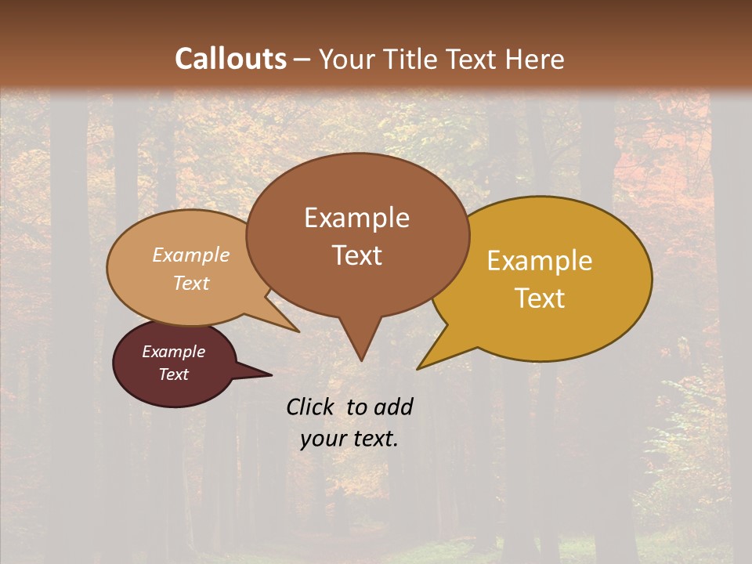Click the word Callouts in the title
pos(230,59)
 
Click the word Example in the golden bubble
pos(540,261)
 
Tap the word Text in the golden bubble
pos(540,298)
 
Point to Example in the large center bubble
pos(356,218)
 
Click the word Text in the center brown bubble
pos(356,255)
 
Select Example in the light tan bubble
pos(191,255)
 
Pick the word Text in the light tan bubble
pos(191,283)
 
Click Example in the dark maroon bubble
pos(173,352)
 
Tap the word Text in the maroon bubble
pos(173,374)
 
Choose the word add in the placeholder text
pos(392,407)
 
